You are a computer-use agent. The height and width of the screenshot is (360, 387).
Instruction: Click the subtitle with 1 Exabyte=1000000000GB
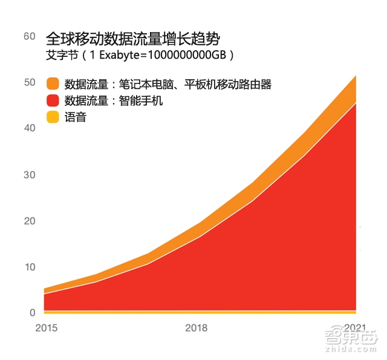(140, 55)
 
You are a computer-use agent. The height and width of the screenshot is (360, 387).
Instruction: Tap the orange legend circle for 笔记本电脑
(53, 84)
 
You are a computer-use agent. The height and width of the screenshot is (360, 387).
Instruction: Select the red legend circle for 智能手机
(53, 100)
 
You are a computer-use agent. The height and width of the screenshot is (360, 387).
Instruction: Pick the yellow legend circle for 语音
(53, 117)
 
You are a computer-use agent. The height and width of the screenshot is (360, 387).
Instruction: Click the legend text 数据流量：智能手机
(114, 100)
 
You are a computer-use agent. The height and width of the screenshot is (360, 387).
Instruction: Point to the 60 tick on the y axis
(29, 36)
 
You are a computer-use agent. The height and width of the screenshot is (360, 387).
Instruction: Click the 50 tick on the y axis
(29, 82)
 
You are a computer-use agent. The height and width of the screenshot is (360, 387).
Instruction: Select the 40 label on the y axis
(29, 128)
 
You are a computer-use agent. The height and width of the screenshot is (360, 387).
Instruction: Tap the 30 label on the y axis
(29, 175)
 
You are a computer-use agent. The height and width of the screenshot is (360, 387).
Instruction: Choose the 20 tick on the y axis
(29, 221)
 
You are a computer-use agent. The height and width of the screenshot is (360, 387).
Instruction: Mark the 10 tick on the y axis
(29, 267)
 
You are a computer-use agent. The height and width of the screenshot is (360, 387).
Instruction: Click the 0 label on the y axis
(32, 313)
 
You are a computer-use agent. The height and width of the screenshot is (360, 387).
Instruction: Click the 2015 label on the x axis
(45, 328)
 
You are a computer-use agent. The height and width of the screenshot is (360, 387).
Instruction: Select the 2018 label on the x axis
(196, 328)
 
